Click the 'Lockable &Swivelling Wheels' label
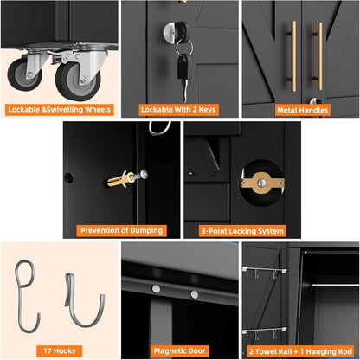60,110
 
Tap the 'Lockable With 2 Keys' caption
178,110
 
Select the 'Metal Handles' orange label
303,110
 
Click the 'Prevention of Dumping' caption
121,231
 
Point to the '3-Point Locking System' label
242,231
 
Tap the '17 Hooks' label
60,351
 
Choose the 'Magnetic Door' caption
179,351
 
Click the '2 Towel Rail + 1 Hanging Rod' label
300,351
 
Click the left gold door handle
292,56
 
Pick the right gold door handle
318,56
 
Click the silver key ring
184,47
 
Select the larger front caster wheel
78,81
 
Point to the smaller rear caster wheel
24,74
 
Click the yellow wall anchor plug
120,179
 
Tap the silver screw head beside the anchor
144,174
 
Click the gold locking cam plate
262,183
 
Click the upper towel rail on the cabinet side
265,270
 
